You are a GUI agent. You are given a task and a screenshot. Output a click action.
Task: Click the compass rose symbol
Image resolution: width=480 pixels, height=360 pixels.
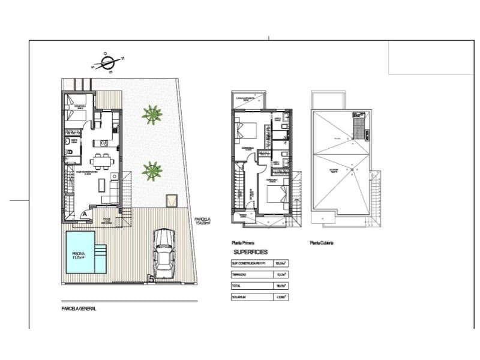click(x=108, y=62)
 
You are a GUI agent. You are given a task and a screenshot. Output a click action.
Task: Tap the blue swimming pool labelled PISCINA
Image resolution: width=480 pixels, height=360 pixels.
click(x=79, y=253)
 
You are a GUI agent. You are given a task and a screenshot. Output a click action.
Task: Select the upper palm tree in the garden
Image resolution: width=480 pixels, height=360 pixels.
click(x=152, y=113)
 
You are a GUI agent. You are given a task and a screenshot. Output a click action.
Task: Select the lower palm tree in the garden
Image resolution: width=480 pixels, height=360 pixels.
click(x=152, y=171)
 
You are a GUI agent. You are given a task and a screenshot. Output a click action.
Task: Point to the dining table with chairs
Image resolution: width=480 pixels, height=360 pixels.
click(x=101, y=161)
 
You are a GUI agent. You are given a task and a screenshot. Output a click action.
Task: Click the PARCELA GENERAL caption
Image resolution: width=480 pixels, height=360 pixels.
click(x=79, y=309)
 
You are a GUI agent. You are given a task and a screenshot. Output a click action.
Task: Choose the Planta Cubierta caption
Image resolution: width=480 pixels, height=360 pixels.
click(x=321, y=243)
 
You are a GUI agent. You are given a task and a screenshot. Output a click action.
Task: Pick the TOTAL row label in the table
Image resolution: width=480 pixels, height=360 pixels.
click(x=236, y=286)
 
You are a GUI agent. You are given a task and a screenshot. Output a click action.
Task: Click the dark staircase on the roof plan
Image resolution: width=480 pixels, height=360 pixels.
click(x=359, y=127)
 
